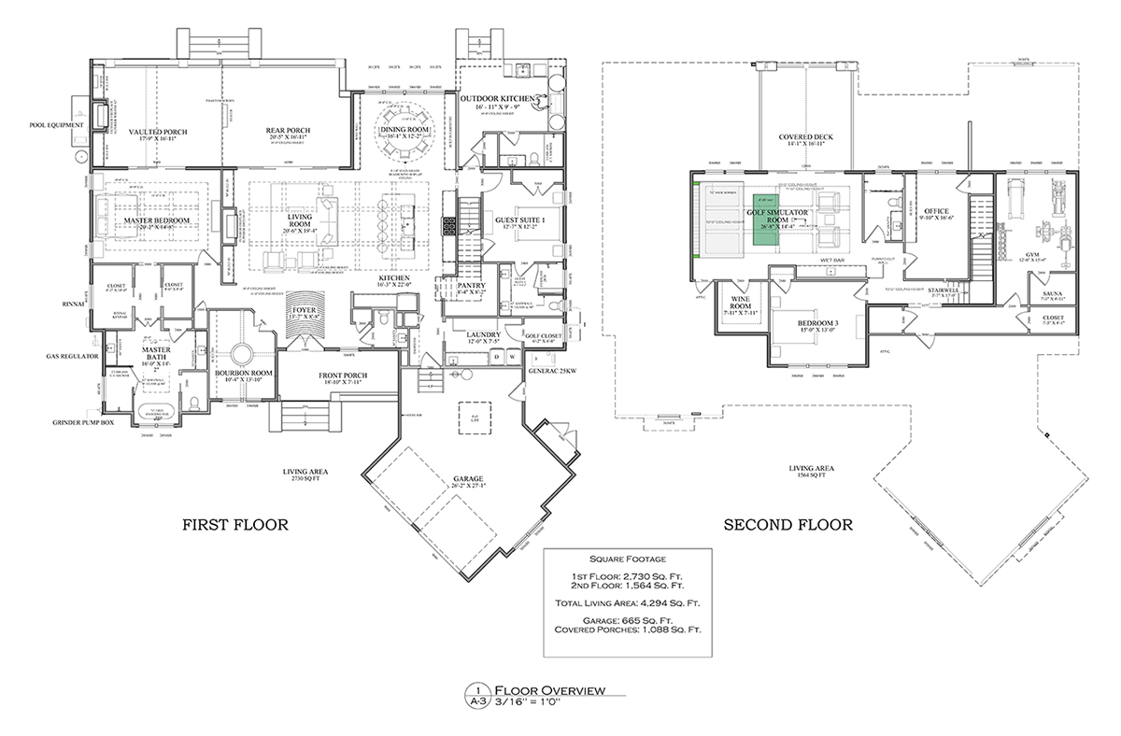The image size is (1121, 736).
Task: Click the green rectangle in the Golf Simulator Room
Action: click(767, 220)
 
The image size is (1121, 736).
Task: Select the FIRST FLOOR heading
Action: click(234, 525)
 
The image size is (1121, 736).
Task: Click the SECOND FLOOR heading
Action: click(788, 525)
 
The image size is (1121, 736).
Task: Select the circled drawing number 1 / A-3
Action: click(478, 695)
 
